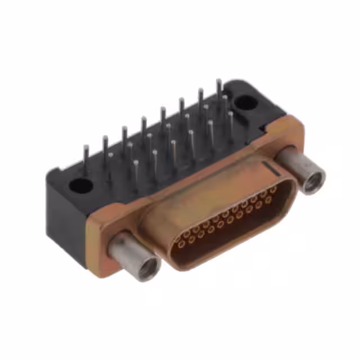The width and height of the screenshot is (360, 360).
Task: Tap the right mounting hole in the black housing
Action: (244, 103)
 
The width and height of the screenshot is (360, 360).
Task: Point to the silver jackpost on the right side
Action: (302, 169)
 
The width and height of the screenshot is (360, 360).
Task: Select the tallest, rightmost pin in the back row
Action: (219, 90)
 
